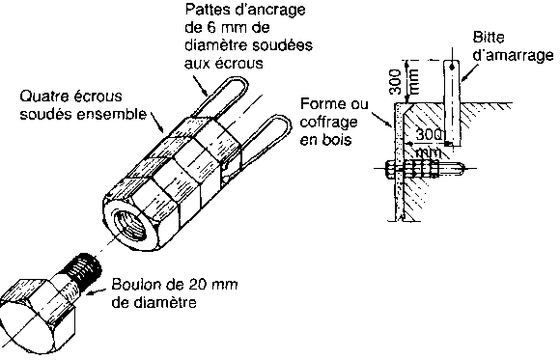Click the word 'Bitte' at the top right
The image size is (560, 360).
coord(489,37)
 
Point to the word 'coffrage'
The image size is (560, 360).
coord(328,123)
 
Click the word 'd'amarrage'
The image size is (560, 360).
coord(513,55)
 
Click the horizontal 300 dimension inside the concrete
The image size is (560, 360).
coord(429,135)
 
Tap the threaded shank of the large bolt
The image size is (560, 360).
coord(84,269)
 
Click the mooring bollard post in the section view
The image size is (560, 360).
coord(452,103)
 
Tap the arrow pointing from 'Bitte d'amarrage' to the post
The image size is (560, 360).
coord(468,72)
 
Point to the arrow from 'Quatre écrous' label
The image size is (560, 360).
coord(157,124)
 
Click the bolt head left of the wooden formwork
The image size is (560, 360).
coord(390,168)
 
